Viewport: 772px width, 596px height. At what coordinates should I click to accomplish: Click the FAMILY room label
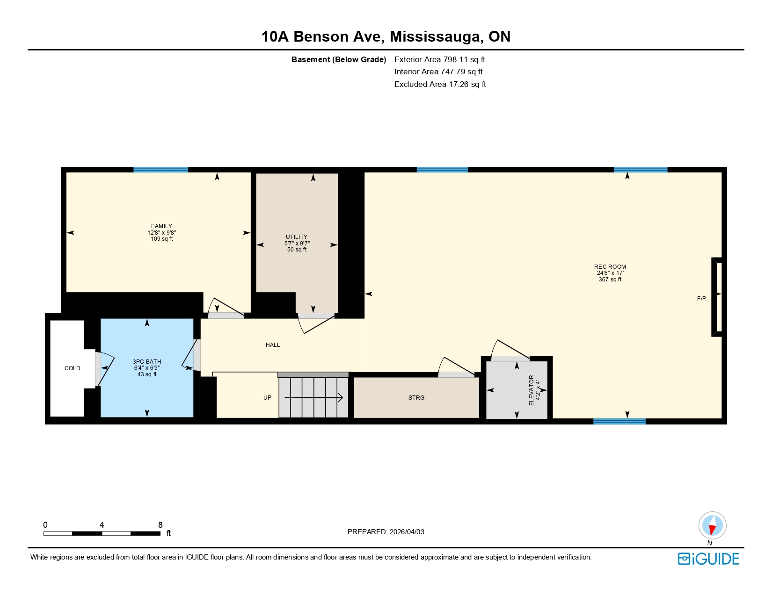[161, 226]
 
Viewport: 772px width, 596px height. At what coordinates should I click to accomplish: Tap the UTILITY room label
[297, 237]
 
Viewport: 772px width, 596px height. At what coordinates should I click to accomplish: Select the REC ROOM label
[610, 267]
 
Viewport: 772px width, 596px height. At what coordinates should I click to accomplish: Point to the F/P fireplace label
[701, 299]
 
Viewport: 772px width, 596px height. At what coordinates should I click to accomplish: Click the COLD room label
[72, 368]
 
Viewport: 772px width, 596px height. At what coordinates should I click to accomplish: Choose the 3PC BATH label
[147, 362]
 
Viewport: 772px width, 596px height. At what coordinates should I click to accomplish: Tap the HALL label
[273, 345]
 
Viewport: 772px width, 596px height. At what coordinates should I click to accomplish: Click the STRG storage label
[416, 398]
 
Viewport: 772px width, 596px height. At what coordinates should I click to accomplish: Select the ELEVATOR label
[531, 390]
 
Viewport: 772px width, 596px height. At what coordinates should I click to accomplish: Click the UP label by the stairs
[267, 398]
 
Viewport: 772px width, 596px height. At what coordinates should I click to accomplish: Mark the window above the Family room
[160, 170]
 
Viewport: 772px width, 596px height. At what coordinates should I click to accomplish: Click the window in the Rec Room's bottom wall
[619, 422]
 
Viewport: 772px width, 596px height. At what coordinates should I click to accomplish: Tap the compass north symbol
[712, 526]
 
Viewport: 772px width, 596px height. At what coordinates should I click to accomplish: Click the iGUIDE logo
[708, 559]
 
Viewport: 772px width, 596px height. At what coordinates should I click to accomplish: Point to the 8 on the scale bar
[160, 525]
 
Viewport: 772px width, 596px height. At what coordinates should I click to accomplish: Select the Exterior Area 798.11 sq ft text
[439, 59]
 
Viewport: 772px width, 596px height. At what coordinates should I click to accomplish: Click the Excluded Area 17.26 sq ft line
[440, 84]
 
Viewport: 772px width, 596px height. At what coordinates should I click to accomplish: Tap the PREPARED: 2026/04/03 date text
[386, 532]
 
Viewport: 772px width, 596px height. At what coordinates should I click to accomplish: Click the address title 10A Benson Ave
[386, 36]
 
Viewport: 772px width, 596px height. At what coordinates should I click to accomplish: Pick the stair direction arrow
[313, 398]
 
